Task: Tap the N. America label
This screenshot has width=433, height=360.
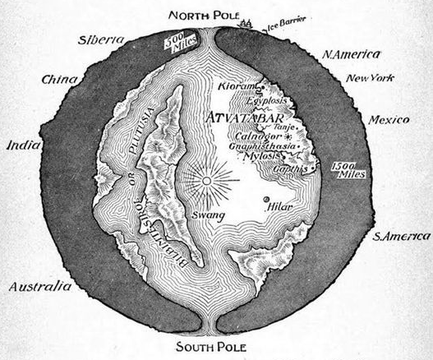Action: pos(351,55)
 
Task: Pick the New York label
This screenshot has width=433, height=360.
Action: pos(370,79)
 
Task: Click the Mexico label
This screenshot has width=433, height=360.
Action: pos(389,120)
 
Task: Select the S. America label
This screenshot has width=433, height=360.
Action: pos(400,238)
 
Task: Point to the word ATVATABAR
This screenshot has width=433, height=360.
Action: pos(246,105)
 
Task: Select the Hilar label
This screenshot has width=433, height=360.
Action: pos(281,209)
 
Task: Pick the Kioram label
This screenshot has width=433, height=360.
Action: pos(238,85)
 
